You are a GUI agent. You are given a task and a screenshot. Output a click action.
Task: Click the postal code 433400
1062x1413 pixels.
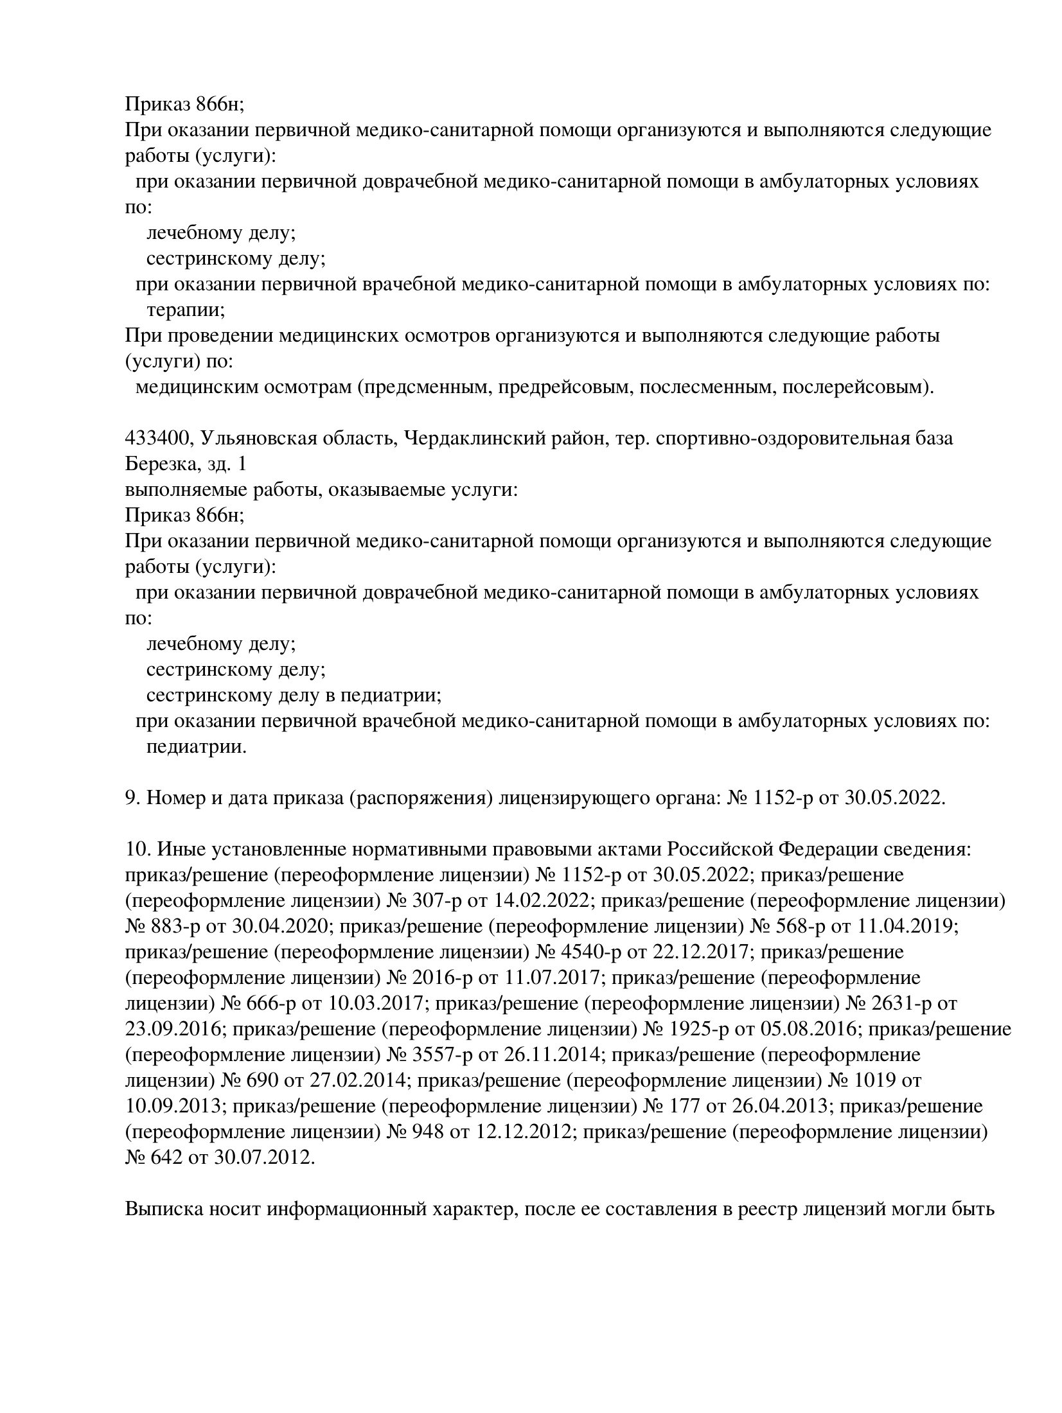157,439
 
